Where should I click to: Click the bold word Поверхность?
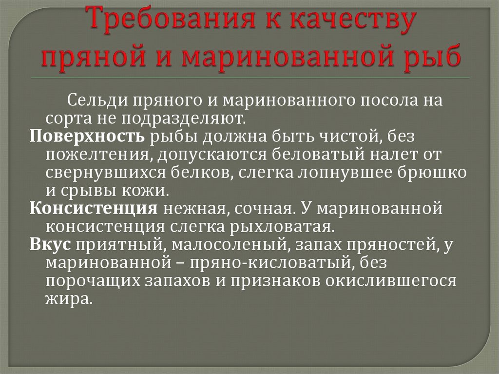[x=87, y=137]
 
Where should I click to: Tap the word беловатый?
[x=319, y=155]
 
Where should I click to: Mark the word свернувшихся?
[x=106, y=173]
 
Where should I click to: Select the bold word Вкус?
[x=50, y=245]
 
